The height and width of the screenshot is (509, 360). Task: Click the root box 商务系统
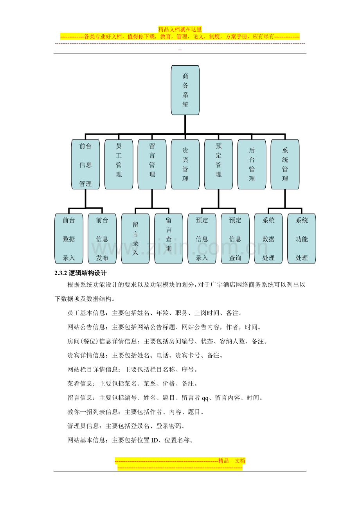[185, 90]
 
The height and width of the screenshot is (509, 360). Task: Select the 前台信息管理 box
[86, 164]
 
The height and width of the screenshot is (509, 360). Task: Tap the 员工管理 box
[119, 164]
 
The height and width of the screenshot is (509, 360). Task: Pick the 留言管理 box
[152, 164]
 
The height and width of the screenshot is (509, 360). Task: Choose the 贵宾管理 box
[185, 164]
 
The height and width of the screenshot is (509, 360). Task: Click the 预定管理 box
[218, 164]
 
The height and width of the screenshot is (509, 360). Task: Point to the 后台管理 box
[252, 164]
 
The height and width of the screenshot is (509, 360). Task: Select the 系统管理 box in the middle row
[285, 164]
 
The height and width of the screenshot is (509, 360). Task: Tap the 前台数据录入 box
[69, 238]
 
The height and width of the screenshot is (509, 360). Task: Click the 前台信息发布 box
[102, 238]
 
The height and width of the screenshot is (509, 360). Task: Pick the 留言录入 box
[135, 238]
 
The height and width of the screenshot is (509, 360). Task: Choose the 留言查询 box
[169, 238]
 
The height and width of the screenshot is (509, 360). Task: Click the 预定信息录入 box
[202, 238]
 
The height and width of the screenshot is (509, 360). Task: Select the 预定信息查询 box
[235, 238]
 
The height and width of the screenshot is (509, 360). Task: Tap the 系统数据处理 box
[268, 238]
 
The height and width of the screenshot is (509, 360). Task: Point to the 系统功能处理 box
[302, 238]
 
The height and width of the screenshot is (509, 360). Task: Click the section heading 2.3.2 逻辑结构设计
[81, 273]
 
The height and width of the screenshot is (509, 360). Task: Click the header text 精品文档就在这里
[180, 29]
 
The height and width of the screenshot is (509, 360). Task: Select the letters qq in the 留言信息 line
[205, 398]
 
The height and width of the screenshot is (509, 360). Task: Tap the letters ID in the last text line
[155, 440]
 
